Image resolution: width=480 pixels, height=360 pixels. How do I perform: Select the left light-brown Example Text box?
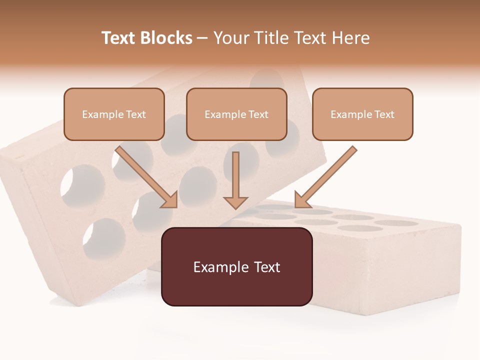click(x=114, y=114)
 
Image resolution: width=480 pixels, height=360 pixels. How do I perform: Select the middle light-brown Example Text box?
click(x=236, y=114)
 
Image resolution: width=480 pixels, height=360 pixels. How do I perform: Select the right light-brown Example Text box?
click(x=362, y=114)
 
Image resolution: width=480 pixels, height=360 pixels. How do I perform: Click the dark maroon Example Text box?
click(x=236, y=266)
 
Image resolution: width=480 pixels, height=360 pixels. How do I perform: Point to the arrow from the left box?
click(x=145, y=176)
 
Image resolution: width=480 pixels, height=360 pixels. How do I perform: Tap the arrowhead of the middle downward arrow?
click(x=235, y=202)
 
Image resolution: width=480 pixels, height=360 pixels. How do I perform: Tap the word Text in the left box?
click(x=135, y=114)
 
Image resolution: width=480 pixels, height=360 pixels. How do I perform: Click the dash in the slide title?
click(x=202, y=38)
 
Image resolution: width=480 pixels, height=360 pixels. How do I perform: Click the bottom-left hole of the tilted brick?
click(x=104, y=237)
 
